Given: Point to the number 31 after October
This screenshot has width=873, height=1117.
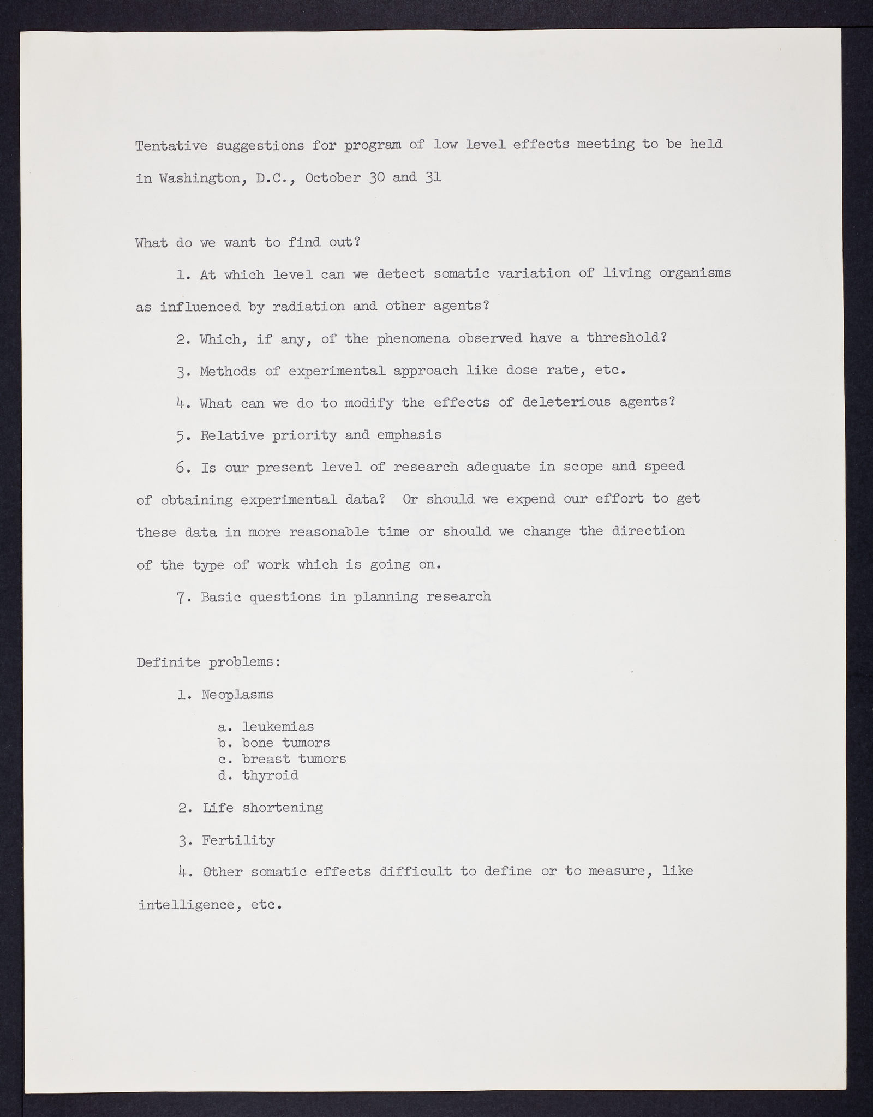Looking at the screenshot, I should point(433,178).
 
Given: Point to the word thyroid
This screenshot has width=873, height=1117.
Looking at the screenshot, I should point(271,775).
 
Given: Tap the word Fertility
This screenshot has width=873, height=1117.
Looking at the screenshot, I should point(238,840).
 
